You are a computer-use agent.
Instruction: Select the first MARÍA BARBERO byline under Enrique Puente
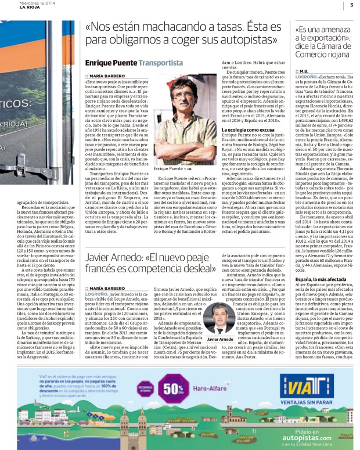point(106,75)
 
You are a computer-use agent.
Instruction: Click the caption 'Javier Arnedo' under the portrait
point(220,339)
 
